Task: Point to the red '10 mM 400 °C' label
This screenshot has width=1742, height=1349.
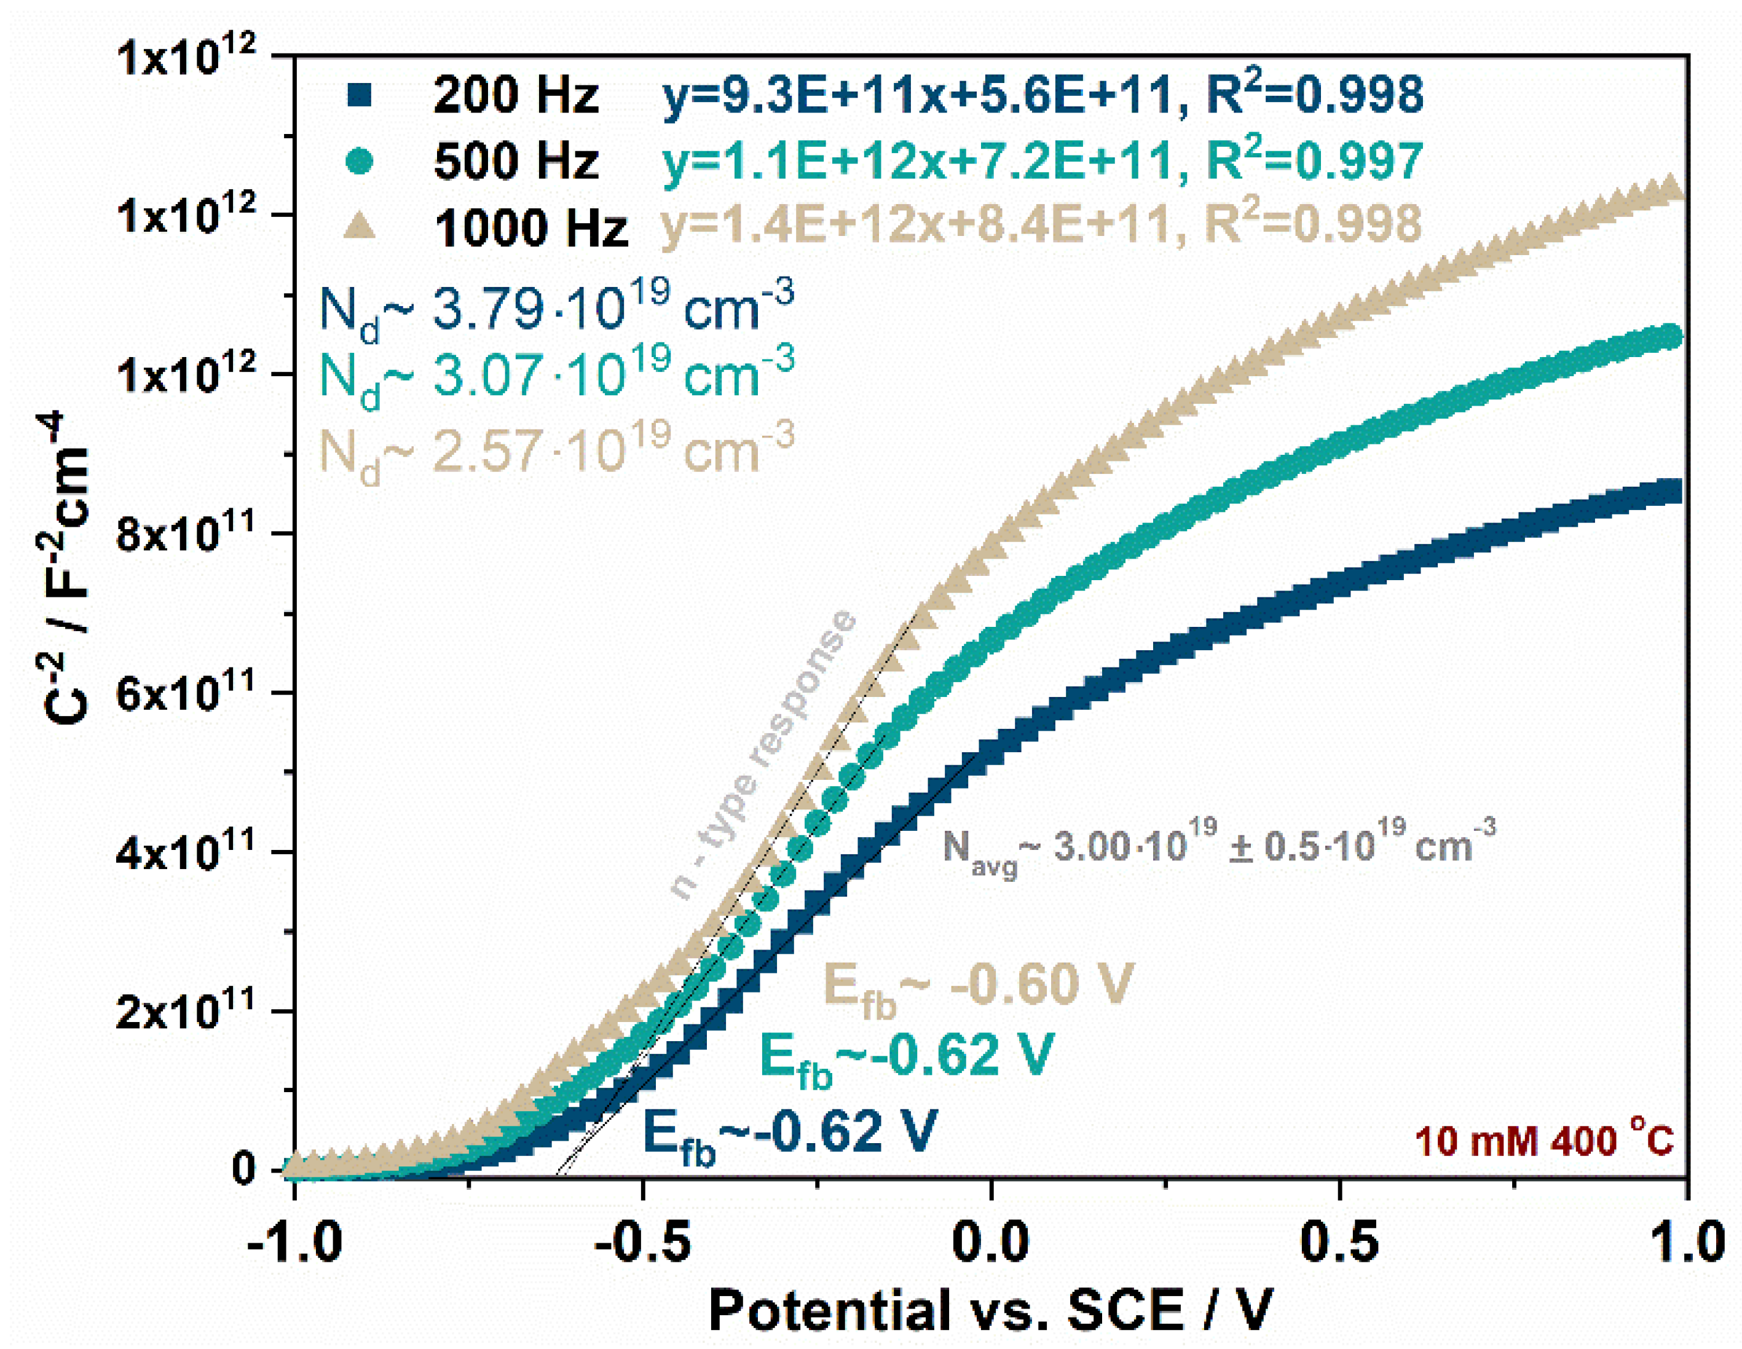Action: coord(1543,1140)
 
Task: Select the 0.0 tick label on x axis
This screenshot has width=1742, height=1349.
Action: coord(991,1241)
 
